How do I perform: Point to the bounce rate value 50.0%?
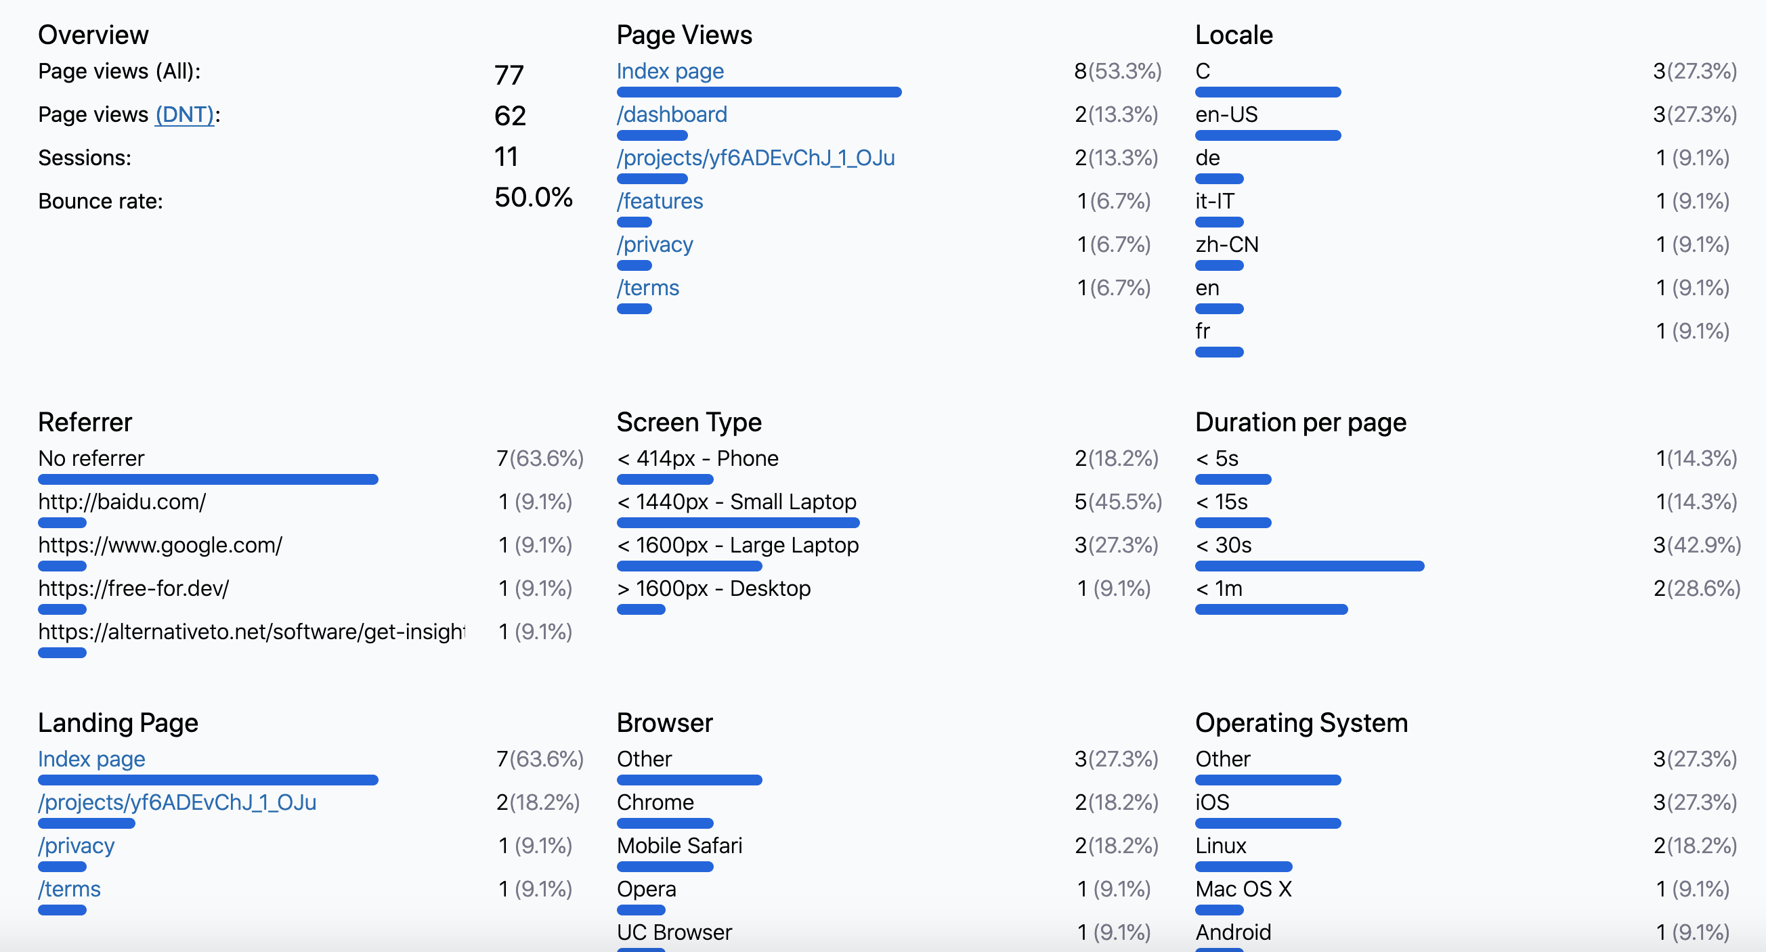click(534, 198)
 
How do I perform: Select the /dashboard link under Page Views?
click(672, 114)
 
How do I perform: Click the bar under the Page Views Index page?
click(759, 93)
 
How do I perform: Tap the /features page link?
click(660, 202)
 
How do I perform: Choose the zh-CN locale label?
click(1227, 244)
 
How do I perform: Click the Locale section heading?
click(1234, 35)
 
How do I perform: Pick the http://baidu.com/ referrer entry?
click(122, 502)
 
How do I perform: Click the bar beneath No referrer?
click(208, 480)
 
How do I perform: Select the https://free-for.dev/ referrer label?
click(133, 589)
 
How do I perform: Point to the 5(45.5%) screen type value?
click(1118, 502)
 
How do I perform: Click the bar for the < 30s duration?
click(1310, 566)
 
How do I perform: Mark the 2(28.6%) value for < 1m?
click(1697, 589)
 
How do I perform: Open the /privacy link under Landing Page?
click(76, 846)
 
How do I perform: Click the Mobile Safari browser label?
click(679, 846)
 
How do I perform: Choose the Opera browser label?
click(647, 889)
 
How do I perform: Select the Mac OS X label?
click(1244, 889)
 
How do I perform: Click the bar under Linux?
click(1244, 867)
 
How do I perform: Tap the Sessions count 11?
click(507, 157)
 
